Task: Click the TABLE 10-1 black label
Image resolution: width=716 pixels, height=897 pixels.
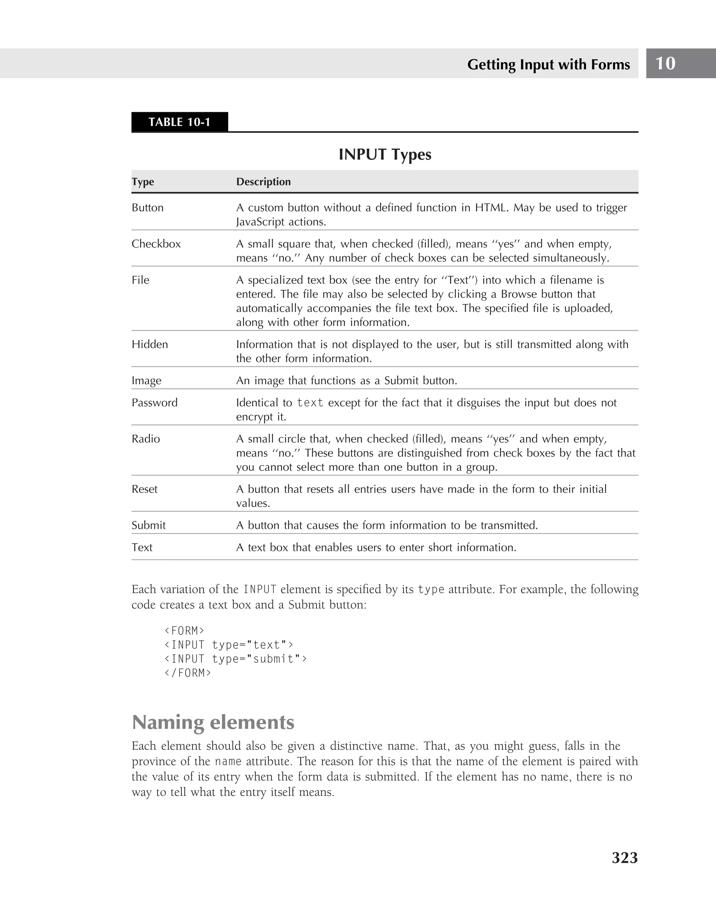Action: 179,122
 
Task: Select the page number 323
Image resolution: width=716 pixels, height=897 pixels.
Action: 624,857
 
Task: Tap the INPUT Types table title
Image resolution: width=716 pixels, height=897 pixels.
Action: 385,155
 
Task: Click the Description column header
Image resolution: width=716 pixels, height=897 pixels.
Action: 263,182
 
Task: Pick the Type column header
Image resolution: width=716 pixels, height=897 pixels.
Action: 143,182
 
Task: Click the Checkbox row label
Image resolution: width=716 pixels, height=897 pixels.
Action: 156,244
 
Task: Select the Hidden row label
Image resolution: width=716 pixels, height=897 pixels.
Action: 150,344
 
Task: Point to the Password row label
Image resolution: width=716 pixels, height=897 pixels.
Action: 154,403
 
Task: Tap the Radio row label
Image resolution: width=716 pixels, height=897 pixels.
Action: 146,439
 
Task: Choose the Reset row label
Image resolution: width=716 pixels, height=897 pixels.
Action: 144,489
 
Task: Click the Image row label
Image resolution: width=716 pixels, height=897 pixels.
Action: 146,381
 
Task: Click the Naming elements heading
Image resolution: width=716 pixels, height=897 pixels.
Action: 213,722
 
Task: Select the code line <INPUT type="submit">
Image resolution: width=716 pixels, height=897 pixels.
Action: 236,659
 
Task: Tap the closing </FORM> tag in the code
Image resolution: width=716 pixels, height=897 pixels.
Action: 188,673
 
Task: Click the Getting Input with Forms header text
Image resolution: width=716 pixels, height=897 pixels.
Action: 548,64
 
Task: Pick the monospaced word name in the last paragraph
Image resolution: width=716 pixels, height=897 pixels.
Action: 228,762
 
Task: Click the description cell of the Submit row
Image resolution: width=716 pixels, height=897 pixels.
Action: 387,525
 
